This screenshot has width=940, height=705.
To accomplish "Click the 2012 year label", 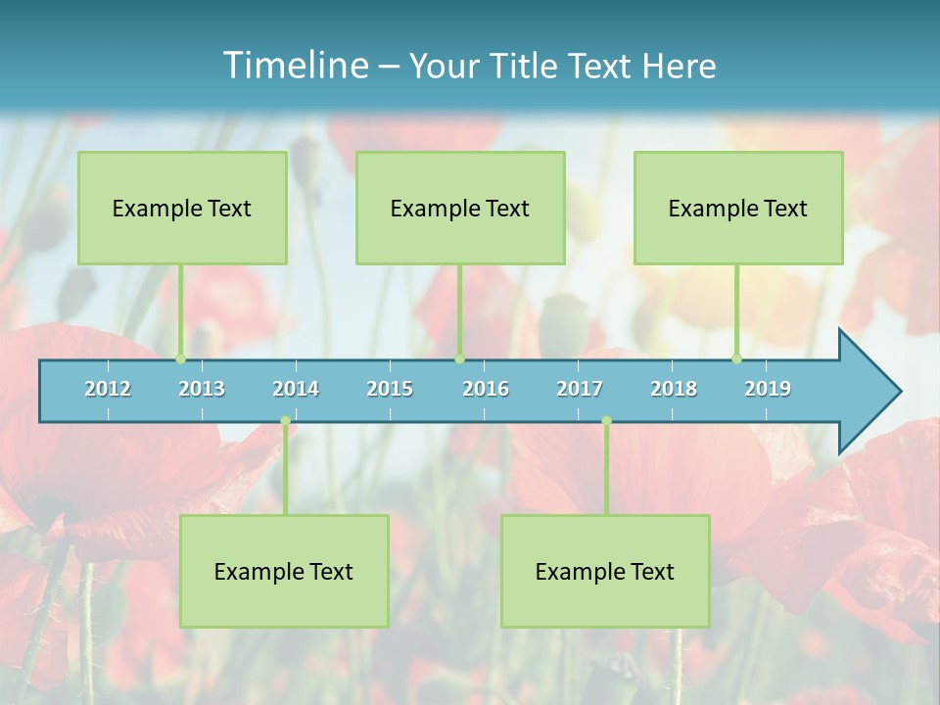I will pos(108,389).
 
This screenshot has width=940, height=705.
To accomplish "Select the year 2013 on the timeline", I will pos(202,389).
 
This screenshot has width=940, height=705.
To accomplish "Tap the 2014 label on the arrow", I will pos(296,389).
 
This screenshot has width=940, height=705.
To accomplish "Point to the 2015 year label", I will pos(390,389).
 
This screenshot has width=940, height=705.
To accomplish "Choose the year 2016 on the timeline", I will pos(486,389).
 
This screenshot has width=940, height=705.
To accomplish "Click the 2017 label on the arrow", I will pos(580,389).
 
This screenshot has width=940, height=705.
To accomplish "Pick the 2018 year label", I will pos(674,389).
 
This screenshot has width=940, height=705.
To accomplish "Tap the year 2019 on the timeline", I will pos(768,389).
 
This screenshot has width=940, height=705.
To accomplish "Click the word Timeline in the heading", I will pos(295,65).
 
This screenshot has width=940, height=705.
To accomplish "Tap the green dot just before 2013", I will pos(180,358).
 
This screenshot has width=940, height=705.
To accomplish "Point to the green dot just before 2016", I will pos(459,358).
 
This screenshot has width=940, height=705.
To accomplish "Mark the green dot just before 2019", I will pos(737,358).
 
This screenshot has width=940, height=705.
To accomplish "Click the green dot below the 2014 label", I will pos(285,421).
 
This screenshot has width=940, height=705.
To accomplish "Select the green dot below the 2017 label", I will pos(606,421).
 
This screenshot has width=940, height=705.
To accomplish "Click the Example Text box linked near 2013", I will pos(182,208).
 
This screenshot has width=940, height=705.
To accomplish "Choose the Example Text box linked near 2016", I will pos(460,208).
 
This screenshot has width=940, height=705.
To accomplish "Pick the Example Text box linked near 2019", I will pos(738,208).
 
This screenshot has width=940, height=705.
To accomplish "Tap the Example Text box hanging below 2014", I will pos(284,571).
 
